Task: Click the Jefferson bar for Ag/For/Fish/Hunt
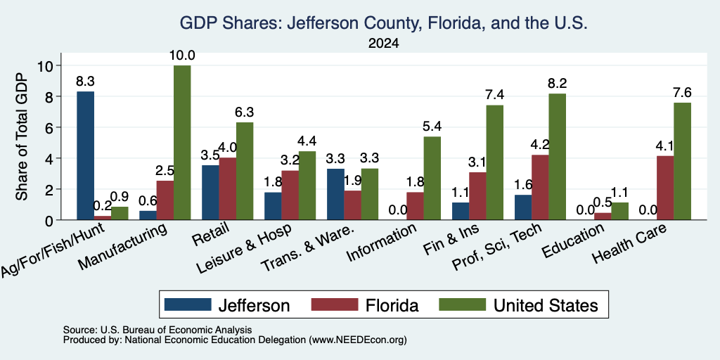click(85, 155)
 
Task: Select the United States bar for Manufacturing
click(182, 142)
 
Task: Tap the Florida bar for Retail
click(228, 188)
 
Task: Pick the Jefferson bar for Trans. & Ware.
click(335, 194)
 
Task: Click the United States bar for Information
click(432, 178)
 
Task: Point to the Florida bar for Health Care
click(665, 188)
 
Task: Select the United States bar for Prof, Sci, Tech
click(557, 157)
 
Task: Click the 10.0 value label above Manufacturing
click(182, 56)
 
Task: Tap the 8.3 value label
click(85, 82)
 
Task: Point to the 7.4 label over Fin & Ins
click(494, 95)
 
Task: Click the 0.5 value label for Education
click(603, 202)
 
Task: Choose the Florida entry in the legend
click(365, 305)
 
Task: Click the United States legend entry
click(519, 305)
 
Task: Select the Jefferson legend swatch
click(188, 304)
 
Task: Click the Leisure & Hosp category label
click(244, 249)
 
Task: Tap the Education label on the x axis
click(572, 240)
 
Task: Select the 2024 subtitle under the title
click(383, 44)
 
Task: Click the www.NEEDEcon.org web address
click(358, 340)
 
